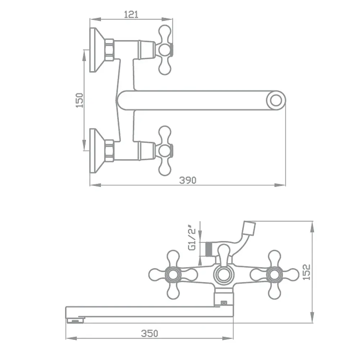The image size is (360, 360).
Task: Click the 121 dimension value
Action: tap(131, 14)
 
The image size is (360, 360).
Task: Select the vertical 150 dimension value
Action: tap(80, 100)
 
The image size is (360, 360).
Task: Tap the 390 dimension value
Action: tap(188, 180)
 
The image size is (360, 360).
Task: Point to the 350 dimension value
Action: tap(149, 333)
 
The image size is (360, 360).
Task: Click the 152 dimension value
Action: tap(306, 272)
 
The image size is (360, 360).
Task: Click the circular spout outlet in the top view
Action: tap(276, 100)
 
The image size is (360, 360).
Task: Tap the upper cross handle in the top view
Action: tap(165, 50)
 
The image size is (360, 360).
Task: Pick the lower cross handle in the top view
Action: tap(165, 151)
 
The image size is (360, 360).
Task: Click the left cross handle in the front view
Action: tap(173, 275)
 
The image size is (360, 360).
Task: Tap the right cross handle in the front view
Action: tap(274, 275)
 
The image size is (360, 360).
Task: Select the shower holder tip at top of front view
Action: tap(249, 228)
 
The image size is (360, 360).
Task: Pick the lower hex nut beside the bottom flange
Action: tap(110, 150)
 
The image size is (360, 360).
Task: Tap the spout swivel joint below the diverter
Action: tap(224, 298)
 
